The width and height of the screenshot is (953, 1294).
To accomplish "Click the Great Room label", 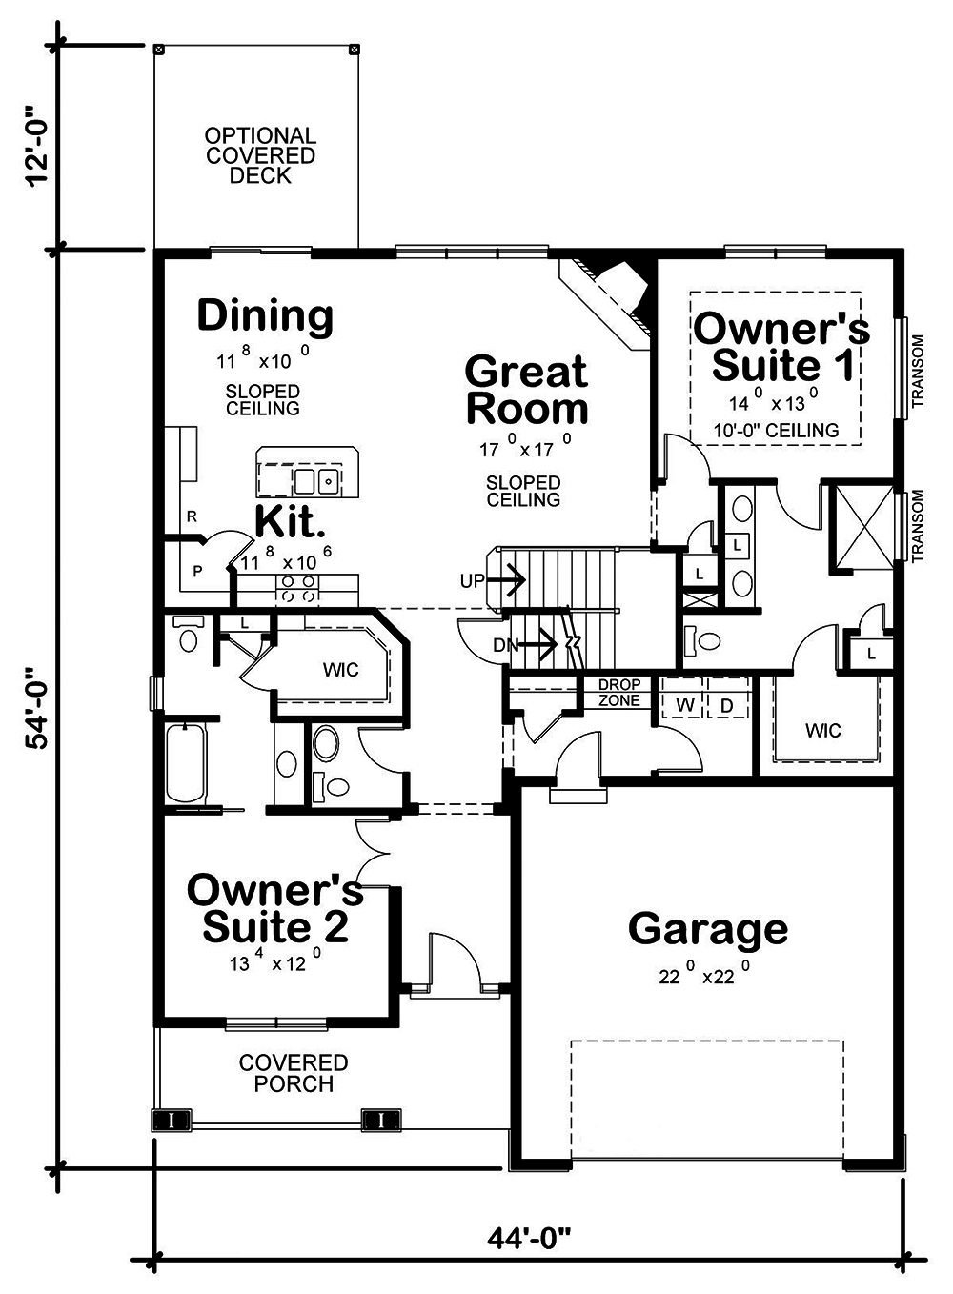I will [x=526, y=390].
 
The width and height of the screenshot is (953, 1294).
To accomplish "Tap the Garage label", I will [x=707, y=928].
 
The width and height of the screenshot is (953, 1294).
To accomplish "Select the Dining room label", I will [x=265, y=315].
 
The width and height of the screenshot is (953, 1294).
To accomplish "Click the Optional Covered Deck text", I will [x=260, y=155].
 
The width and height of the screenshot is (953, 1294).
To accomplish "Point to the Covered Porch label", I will [x=294, y=1073].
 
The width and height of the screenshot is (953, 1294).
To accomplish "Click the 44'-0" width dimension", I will [x=529, y=1238].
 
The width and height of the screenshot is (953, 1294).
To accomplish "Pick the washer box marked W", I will [x=684, y=705].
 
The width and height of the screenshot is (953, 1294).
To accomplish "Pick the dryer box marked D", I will [x=726, y=705].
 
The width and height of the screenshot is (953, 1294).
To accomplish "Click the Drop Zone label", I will [x=619, y=693].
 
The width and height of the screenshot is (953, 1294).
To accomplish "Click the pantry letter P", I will [x=198, y=572].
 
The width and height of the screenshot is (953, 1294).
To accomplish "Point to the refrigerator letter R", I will [x=192, y=516].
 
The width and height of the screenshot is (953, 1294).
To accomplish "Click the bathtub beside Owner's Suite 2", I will [x=185, y=763].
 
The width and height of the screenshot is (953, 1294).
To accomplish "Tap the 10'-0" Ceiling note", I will [x=776, y=431].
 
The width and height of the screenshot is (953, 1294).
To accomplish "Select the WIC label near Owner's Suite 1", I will [x=822, y=731].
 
